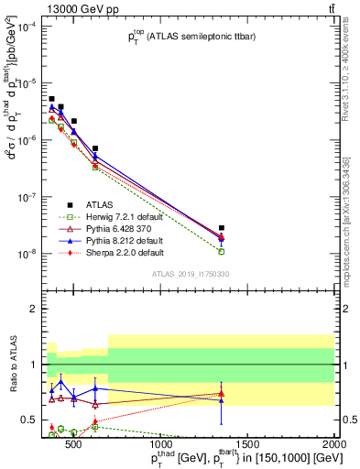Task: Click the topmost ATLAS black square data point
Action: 51,99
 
